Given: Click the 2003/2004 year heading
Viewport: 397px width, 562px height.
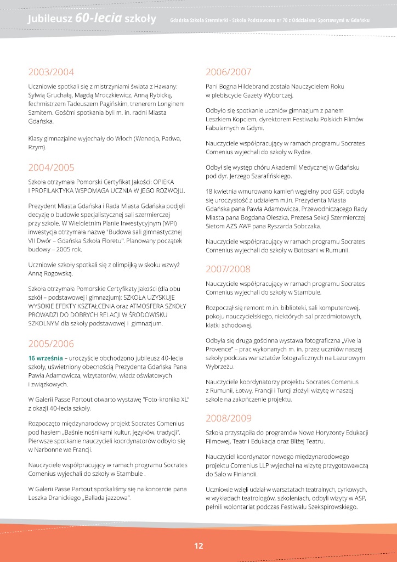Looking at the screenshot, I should pyautogui.click(x=51, y=72).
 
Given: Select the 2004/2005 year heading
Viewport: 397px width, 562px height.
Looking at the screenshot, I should pyautogui.click(x=51, y=167).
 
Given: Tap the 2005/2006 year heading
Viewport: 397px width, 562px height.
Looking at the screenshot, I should pyautogui.click(x=51, y=344).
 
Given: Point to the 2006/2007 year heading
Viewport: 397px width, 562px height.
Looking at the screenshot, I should pyautogui.click(x=228, y=72).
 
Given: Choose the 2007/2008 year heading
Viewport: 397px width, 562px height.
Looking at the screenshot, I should pyautogui.click(x=228, y=269).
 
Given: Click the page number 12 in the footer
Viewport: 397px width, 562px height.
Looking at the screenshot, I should pyautogui.click(x=198, y=546).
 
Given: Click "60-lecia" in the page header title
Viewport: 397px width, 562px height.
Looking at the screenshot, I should pyautogui.click(x=94, y=19).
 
